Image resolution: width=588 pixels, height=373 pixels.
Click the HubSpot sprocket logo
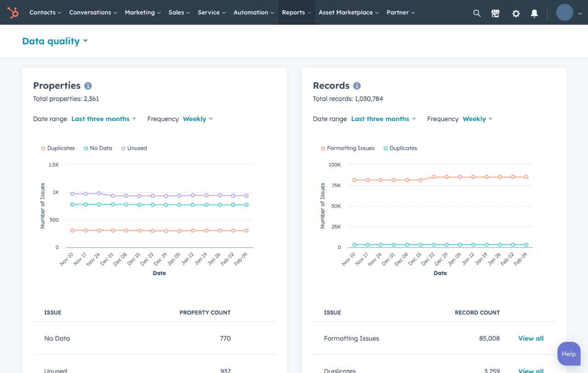click(x=13, y=12)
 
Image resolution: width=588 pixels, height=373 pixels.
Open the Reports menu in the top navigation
click(x=296, y=12)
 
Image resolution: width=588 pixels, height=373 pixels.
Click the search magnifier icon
click(x=477, y=13)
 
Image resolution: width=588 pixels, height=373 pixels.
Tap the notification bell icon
click(x=534, y=13)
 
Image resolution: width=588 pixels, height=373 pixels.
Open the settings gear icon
click(x=516, y=13)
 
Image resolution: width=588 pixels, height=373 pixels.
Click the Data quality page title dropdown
click(x=55, y=41)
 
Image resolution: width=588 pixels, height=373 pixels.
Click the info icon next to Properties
click(x=88, y=86)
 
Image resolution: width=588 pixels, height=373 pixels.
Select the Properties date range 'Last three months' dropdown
click(x=103, y=119)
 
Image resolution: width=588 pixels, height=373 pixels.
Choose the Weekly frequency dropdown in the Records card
click(x=477, y=119)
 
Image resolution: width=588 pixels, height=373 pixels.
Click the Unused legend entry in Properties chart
click(x=134, y=148)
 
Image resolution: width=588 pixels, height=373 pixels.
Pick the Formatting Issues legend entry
click(x=348, y=148)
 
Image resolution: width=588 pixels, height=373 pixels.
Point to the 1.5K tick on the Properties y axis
click(x=53, y=165)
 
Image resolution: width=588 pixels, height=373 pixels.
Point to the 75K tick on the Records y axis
click(x=335, y=185)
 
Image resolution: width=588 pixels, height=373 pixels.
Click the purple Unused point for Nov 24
click(x=99, y=193)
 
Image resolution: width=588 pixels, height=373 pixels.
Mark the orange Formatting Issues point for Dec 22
click(x=434, y=177)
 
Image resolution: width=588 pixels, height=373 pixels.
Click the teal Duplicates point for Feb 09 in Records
click(x=526, y=245)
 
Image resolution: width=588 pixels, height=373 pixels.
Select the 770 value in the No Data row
click(x=225, y=339)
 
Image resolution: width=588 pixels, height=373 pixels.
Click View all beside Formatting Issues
click(x=531, y=339)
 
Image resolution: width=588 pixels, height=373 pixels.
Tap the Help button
click(x=569, y=354)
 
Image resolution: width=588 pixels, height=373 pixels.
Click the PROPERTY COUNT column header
click(x=205, y=312)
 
